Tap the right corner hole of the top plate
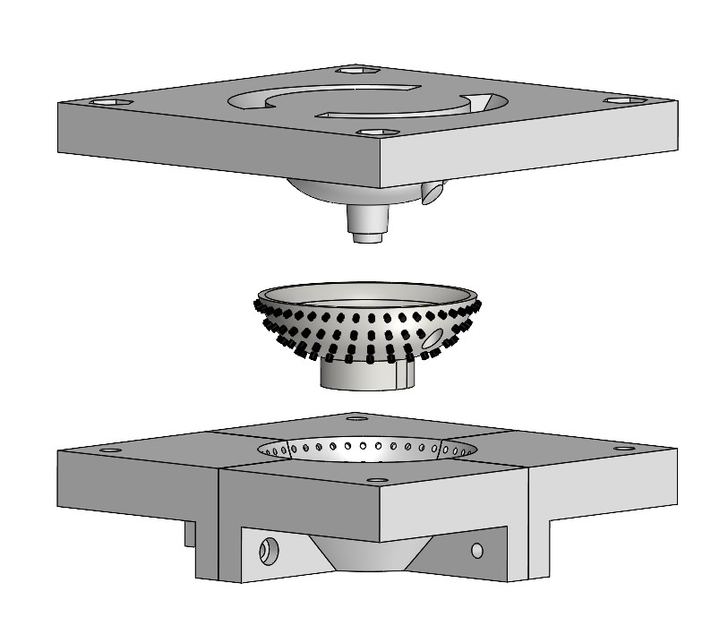(x=623, y=99)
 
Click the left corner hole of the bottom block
(x=110, y=450)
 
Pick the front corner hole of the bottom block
(x=377, y=481)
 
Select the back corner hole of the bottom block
(x=357, y=417)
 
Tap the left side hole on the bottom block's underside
(x=266, y=550)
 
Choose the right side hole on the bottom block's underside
(x=476, y=549)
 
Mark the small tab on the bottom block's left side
(x=189, y=534)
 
